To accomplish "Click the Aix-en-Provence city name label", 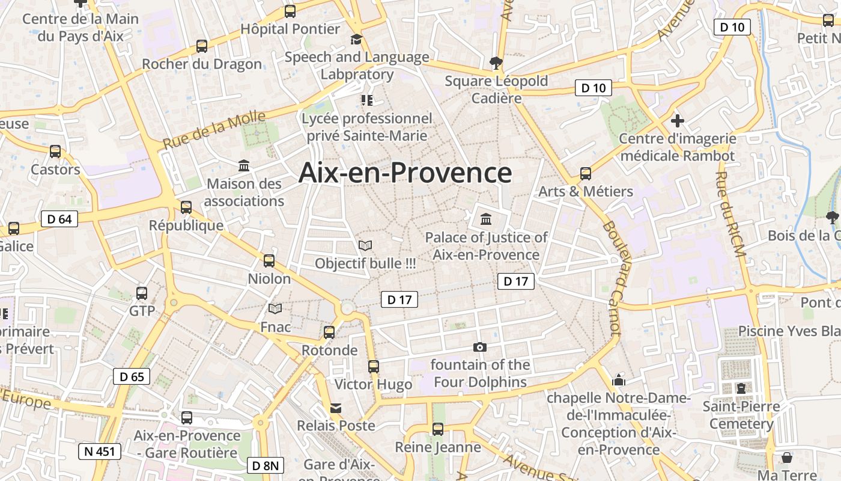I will coord(405,173).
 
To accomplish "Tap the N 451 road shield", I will coord(99,451).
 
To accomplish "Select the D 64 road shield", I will coord(59,219).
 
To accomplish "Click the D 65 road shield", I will coord(132,377).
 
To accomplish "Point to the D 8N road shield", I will coord(265,465).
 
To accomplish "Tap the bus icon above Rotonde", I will coord(329,332).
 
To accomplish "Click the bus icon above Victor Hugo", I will coord(374,366).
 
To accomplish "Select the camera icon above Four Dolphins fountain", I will coord(479,347).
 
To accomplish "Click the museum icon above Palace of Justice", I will coord(486,219).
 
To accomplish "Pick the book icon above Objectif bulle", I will coord(365,245).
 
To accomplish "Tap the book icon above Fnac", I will coord(275,309).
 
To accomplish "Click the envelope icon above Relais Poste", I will coord(336,408).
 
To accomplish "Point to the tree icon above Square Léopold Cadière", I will coord(496,62).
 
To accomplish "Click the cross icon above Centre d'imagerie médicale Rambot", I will coord(678,121).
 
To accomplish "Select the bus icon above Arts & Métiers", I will coord(586,174).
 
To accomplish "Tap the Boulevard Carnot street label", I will coord(611,277).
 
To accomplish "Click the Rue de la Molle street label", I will coord(214,130).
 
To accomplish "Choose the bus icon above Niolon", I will coord(269,261).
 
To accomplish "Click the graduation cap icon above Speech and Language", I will coord(357,40).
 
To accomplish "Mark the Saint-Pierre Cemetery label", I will coord(741,415).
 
